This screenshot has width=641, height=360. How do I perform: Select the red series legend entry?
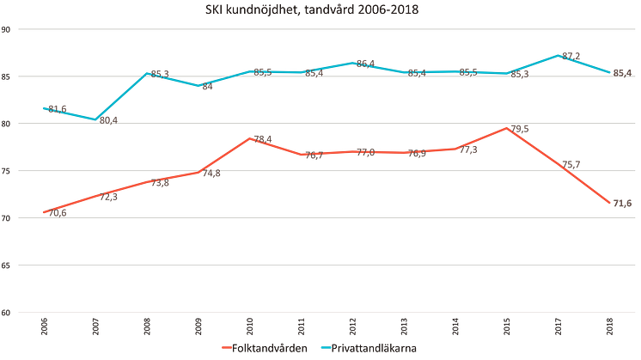pyautogui.click(x=259, y=348)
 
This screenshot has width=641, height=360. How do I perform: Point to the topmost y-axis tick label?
pyautogui.click(x=6, y=29)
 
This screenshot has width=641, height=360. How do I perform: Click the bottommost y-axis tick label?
pyautogui.click(x=6, y=313)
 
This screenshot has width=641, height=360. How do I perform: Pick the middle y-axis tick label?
pyautogui.click(x=6, y=171)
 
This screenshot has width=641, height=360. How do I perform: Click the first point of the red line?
pyautogui.click(x=44, y=211)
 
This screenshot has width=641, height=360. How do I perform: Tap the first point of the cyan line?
pyautogui.click(x=44, y=107)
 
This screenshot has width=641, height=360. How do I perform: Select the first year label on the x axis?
pyautogui.click(x=44, y=326)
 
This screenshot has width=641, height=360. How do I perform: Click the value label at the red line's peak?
pyautogui.click(x=519, y=129)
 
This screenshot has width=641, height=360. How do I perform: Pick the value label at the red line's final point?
pyautogui.click(x=621, y=203)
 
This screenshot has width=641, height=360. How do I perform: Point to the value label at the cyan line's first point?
pyautogui.click(x=56, y=107)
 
